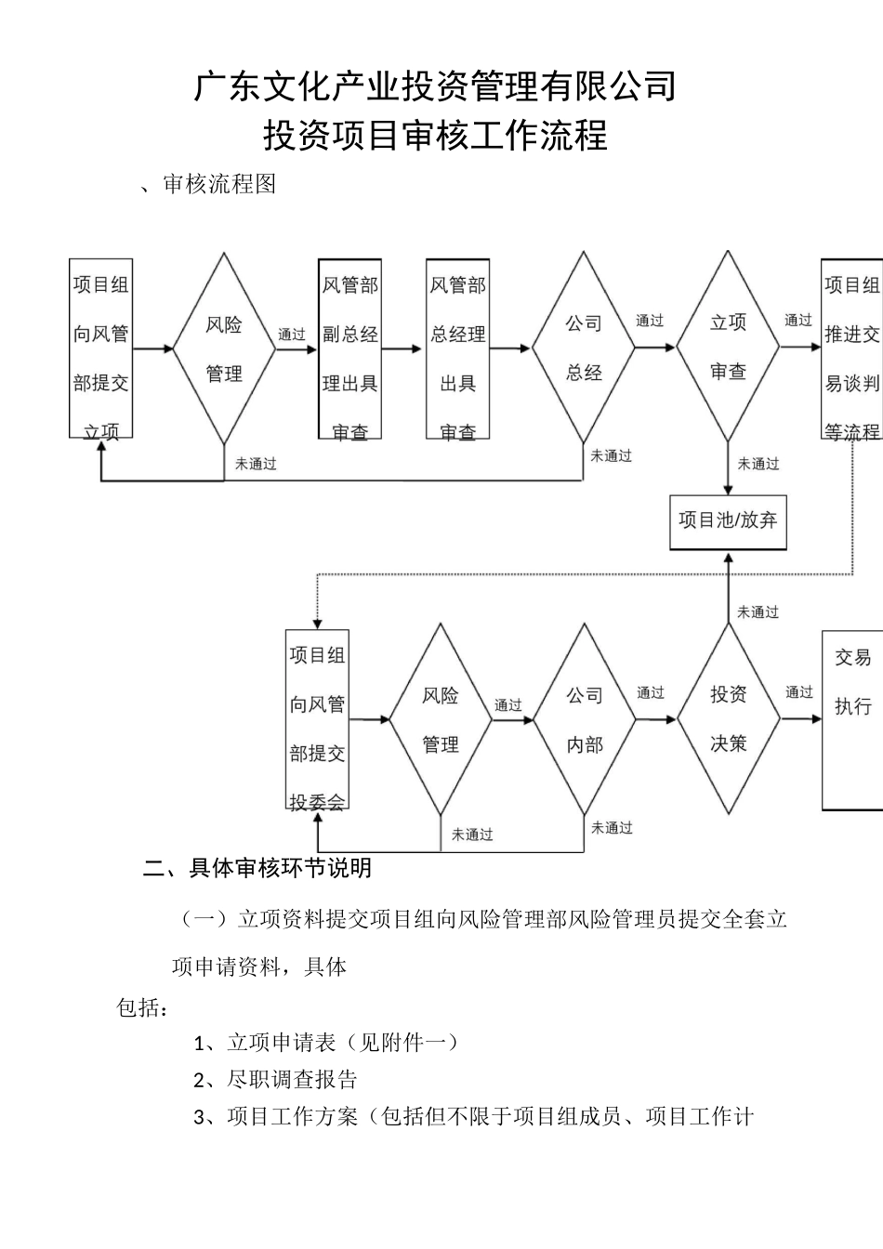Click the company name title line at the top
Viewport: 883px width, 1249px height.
tap(435, 86)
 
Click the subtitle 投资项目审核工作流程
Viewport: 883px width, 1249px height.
tap(435, 136)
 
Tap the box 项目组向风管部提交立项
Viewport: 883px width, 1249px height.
tap(101, 348)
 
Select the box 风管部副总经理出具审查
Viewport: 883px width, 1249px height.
tap(349, 348)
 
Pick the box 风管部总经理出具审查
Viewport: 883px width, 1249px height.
tap(457, 348)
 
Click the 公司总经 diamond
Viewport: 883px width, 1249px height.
tap(584, 348)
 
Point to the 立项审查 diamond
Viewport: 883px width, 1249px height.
tap(728, 347)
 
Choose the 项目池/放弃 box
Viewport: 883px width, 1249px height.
tap(728, 520)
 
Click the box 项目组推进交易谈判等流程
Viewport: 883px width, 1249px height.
tap(852, 348)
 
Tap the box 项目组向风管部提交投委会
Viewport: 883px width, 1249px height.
tap(317, 719)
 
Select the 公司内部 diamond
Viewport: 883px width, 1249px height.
tap(584, 719)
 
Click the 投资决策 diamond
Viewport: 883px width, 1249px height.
tap(728, 718)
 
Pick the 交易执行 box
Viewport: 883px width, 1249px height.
tap(852, 719)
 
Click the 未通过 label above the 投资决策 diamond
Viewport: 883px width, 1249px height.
tap(758, 611)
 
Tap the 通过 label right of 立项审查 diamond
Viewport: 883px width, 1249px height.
tap(798, 321)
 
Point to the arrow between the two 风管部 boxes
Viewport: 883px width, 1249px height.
tap(402, 349)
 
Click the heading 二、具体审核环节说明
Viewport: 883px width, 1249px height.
tap(257, 867)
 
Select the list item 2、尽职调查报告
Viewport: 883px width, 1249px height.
tap(275, 1080)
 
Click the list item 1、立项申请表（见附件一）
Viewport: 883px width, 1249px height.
tap(325, 1043)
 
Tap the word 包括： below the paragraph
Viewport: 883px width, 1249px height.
tap(142, 1007)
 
